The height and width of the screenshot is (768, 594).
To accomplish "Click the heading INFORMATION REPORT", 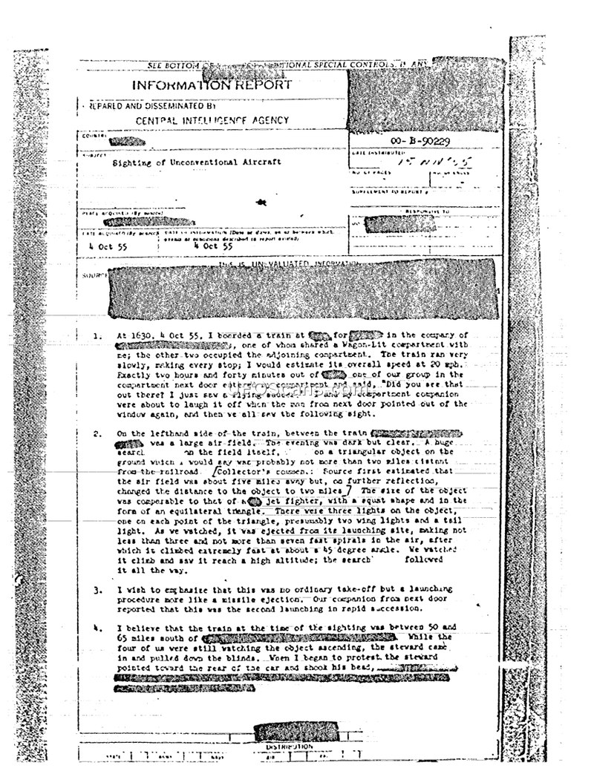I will tap(212, 85).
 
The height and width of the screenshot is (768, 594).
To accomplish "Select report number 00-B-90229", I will tap(420, 140).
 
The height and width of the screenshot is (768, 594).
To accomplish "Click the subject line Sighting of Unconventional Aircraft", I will tap(196, 162).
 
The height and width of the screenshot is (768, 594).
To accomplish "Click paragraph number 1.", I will tap(97, 336).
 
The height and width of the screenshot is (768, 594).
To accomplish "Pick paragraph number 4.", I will tap(97, 628).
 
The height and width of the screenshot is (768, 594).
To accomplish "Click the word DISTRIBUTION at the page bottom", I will tap(290, 746).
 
